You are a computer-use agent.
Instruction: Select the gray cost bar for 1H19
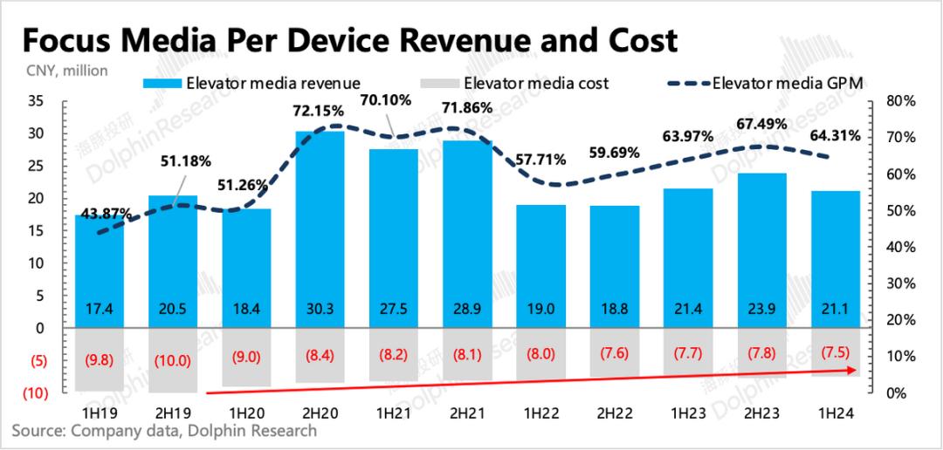pos(99,359)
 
